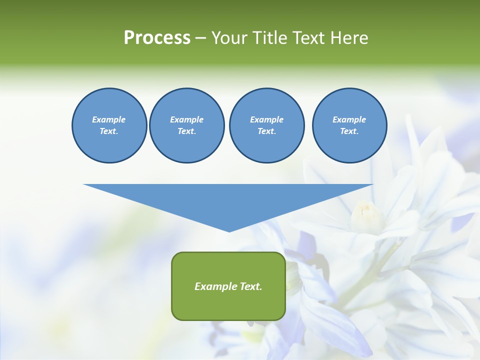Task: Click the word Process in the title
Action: [x=157, y=38]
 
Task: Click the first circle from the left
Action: [x=109, y=125]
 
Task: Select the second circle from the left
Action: [x=187, y=125]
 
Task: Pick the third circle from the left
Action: [x=266, y=125]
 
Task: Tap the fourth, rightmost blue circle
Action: [x=349, y=125]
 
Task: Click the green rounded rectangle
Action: [x=228, y=286]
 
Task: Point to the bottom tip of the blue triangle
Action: [x=229, y=231]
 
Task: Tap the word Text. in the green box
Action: [x=250, y=286]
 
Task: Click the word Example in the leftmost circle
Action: [x=109, y=119]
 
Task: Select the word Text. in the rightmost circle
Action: [x=349, y=131]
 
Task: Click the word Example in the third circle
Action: [x=266, y=119]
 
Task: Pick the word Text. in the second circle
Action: [x=187, y=131]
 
